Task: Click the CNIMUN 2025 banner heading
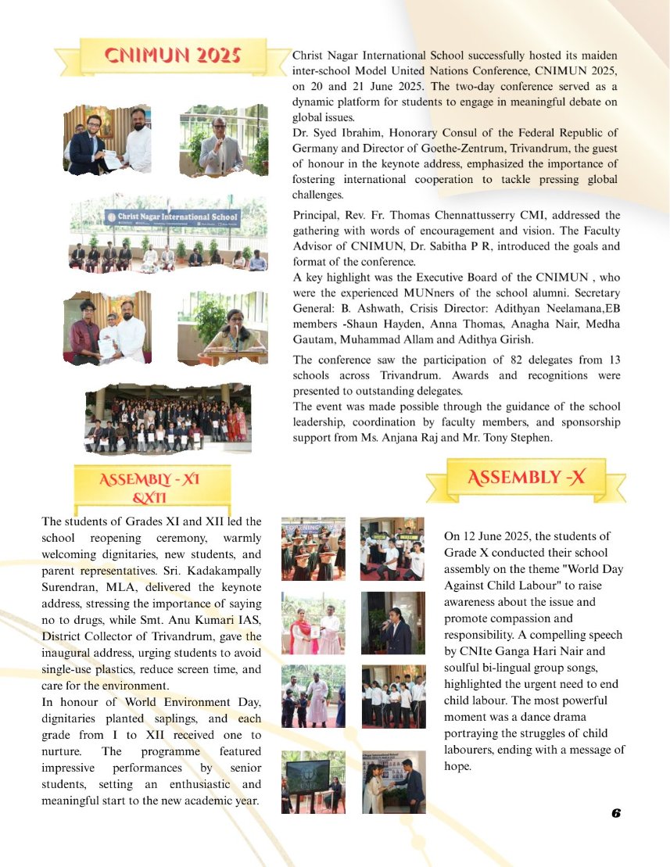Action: point(172,56)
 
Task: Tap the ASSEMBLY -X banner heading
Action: point(525,478)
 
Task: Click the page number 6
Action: point(615,813)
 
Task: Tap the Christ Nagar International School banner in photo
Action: point(173,217)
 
